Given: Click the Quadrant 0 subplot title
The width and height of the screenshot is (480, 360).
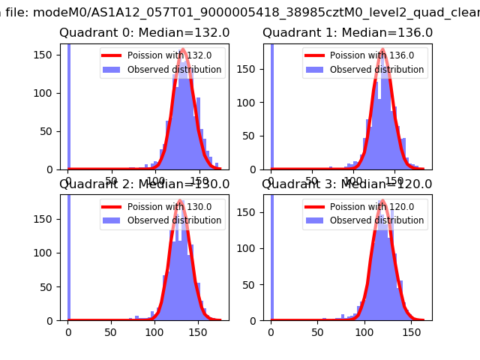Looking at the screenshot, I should click(x=145, y=33).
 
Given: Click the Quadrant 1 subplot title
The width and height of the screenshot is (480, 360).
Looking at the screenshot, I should click(x=347, y=33).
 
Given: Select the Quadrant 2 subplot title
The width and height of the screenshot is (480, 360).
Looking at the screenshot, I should click(x=145, y=184).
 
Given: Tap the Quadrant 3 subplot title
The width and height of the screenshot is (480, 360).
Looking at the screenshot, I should click(x=347, y=184).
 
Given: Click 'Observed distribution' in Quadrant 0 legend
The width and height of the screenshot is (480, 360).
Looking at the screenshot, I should click(x=174, y=70).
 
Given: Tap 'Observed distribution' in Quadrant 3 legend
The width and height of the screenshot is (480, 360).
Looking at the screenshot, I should click(x=377, y=220).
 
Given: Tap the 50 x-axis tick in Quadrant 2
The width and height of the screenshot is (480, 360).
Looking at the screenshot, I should click(x=111, y=331).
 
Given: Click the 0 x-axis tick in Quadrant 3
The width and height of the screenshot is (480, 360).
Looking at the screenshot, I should click(x=271, y=331).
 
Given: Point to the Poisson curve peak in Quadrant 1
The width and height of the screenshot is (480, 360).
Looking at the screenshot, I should click(x=382, y=51).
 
